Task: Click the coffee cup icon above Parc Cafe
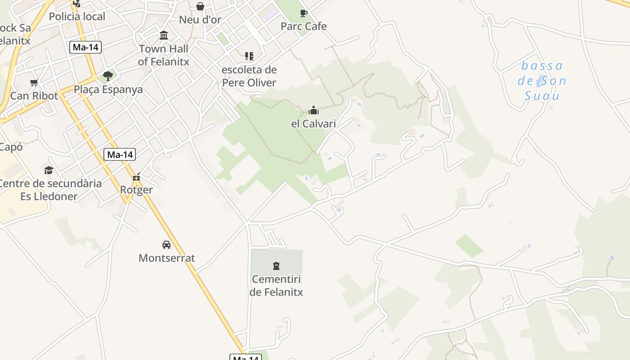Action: click(x=304, y=13)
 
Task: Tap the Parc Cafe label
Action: click(x=303, y=26)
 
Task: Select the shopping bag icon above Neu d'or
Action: click(x=200, y=6)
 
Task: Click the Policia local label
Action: click(x=77, y=17)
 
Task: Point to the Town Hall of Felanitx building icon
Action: click(x=164, y=36)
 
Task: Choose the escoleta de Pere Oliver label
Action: click(x=249, y=76)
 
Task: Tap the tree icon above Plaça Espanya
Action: click(x=108, y=76)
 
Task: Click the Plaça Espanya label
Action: click(x=108, y=90)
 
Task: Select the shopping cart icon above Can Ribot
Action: click(x=34, y=82)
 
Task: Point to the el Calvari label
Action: click(x=313, y=123)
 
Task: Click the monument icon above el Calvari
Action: click(x=314, y=110)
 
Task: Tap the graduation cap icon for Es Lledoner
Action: click(x=49, y=170)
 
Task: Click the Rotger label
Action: click(x=136, y=190)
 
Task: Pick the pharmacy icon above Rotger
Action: click(x=136, y=177)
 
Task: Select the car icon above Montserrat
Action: click(x=166, y=245)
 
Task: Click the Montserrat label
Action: click(x=166, y=258)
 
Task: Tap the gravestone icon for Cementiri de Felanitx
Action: click(x=276, y=265)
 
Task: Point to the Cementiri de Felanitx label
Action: click(x=276, y=286)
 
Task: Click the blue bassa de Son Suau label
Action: click(x=542, y=81)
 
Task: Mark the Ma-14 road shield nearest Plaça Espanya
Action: click(x=85, y=47)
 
